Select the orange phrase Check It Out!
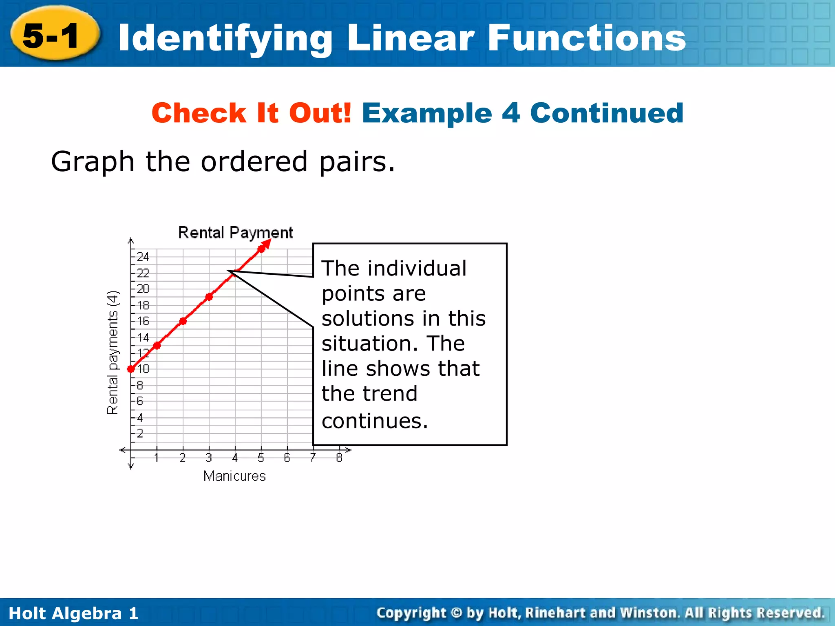tap(251, 113)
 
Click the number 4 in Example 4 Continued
tap(511, 113)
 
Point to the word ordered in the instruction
tap(254, 162)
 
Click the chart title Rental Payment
tap(236, 233)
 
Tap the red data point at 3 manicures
tap(209, 297)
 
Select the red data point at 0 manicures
tap(131, 369)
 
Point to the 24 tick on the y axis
tap(143, 257)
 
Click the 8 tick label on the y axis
tap(140, 385)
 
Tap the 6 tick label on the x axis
tap(287, 458)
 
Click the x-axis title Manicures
tap(234, 476)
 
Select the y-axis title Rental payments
tap(112, 353)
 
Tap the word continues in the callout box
tap(374, 421)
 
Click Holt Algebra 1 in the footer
tap(73, 613)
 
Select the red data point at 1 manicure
tap(157, 346)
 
